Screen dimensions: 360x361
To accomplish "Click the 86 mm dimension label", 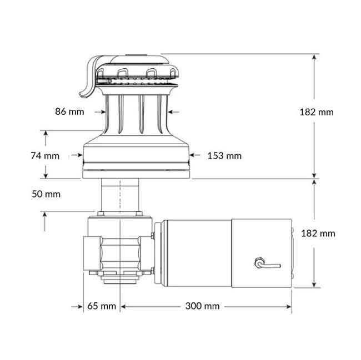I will [69, 111].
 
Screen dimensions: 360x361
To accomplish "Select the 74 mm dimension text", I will [44, 156].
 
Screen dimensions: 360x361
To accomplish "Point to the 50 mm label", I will [46, 194].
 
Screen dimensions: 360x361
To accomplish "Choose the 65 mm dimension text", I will [102, 306].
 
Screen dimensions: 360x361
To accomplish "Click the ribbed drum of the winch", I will [136, 114].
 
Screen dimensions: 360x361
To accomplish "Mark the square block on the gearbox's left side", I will [92, 253].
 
